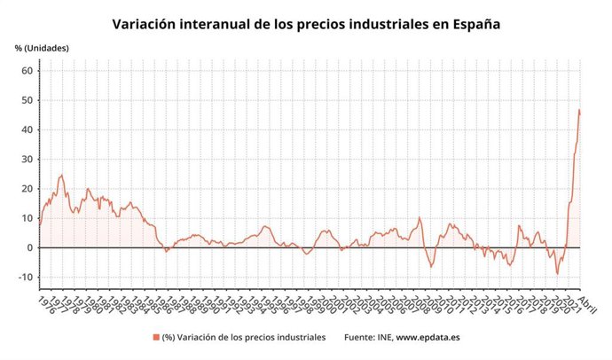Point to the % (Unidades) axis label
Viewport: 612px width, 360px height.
pyautogui.click(x=41, y=48)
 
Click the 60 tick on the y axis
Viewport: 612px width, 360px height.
pyautogui.click(x=27, y=71)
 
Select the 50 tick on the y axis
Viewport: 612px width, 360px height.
pyautogui.click(x=27, y=100)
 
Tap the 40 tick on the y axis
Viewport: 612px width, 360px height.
pyautogui.click(x=27, y=129)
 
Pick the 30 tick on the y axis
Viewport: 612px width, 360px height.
pyautogui.click(x=27, y=160)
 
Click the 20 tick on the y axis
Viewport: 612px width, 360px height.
pyautogui.click(x=27, y=189)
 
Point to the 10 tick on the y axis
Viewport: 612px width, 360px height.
pyautogui.click(x=27, y=218)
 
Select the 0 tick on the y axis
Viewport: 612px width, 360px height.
pyautogui.click(x=29, y=247)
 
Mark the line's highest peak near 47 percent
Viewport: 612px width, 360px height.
pyautogui.click(x=578, y=110)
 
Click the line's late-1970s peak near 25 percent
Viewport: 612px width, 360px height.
pyautogui.click(x=61, y=175)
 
